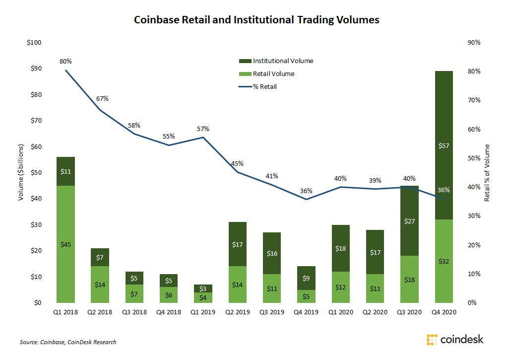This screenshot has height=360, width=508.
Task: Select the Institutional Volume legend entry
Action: point(283,61)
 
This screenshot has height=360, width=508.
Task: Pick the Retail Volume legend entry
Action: point(273,74)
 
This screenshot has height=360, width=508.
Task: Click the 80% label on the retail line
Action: point(65,62)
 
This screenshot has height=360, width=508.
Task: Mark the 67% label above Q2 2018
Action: point(102,98)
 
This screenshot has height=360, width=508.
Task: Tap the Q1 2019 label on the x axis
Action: point(203,313)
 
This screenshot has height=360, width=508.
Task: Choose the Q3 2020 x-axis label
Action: point(409,313)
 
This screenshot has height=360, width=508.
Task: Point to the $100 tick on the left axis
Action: point(34,43)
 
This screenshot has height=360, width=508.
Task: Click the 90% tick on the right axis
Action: point(474,43)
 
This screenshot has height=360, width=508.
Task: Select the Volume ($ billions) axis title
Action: point(21,172)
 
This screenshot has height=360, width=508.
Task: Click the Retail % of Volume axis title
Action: point(487,172)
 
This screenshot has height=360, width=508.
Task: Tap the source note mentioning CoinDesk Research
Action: point(68,342)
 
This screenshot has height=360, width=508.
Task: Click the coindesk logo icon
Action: point(433,340)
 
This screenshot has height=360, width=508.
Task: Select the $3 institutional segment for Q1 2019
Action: point(203,288)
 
